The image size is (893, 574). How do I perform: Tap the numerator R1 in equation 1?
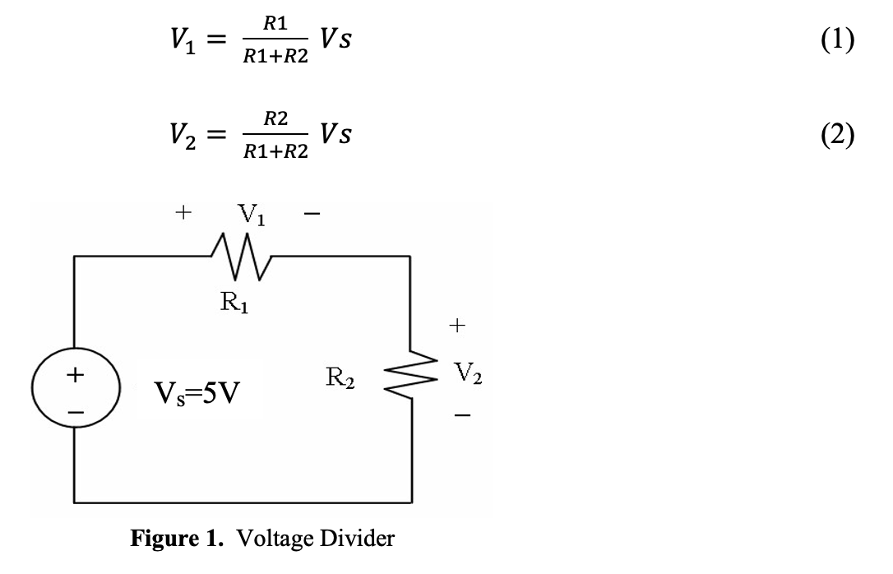(275, 26)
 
